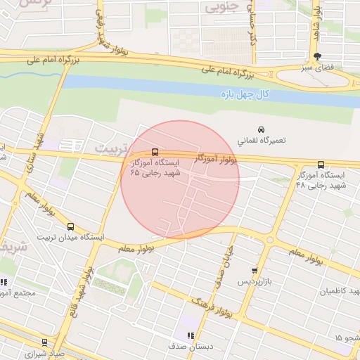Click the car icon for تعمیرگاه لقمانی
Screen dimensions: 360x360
[x=261, y=130]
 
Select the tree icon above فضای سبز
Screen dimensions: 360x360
[x=317, y=56]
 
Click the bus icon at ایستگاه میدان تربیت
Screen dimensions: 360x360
[x=70, y=226]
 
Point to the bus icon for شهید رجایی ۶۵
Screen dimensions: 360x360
[x=155, y=152]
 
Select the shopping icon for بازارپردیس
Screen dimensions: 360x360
[x=254, y=271]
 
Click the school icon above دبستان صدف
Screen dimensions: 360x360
[x=189, y=335]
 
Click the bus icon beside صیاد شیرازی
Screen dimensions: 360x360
[x=44, y=342]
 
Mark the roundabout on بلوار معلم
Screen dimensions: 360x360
[x=270, y=240]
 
